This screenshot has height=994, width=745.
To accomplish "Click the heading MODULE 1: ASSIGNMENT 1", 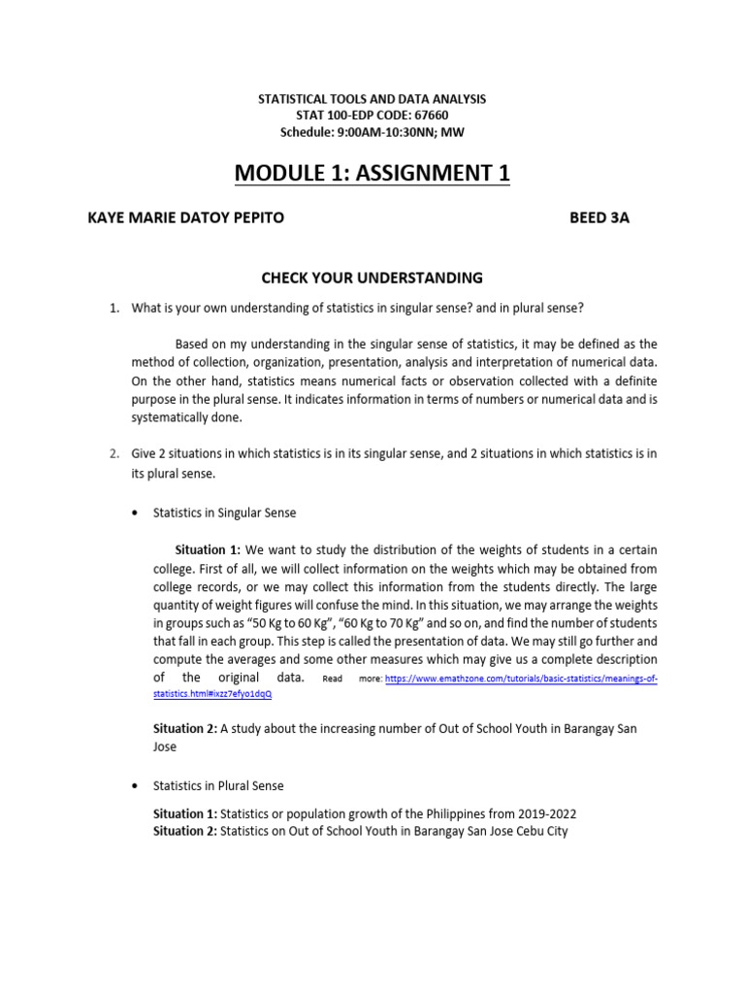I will pos(372,174).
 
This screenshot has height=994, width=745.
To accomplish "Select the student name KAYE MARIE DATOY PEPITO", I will pos(185,218).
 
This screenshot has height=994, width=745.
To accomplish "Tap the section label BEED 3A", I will pos(599,218).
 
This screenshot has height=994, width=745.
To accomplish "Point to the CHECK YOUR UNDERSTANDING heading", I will pos(372,278).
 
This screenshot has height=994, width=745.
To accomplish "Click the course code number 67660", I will pos(428,116).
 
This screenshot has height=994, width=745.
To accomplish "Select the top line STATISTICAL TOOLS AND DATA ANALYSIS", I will pos(372,99).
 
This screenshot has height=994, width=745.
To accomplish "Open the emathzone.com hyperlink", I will pos(521,679).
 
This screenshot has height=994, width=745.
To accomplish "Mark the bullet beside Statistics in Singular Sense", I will pos(134,513).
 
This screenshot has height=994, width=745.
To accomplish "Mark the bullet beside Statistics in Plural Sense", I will pos(134,784).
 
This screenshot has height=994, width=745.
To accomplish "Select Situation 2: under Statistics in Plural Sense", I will pos(185,832).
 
